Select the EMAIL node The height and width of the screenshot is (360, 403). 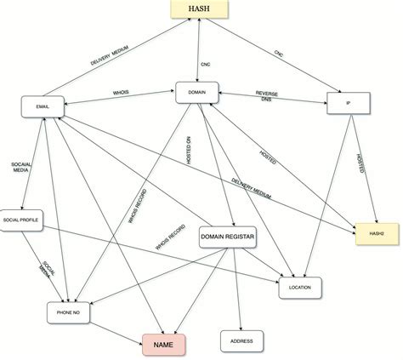[x=43, y=107]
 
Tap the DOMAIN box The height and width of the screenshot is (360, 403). [x=198, y=94]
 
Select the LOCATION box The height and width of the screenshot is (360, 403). [x=300, y=289]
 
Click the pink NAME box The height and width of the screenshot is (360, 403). [x=164, y=346]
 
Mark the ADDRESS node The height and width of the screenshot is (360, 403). [x=241, y=340]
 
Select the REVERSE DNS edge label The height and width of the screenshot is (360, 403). [x=269, y=96]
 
